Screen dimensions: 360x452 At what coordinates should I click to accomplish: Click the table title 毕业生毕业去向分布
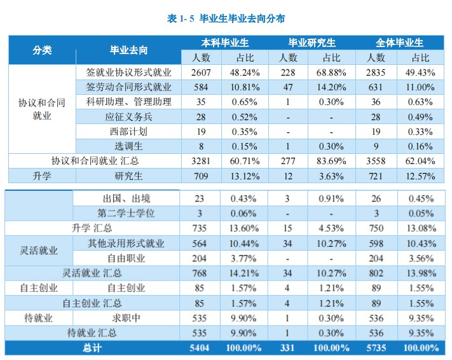[226, 18]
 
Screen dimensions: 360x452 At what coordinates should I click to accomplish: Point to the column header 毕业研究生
[311, 43]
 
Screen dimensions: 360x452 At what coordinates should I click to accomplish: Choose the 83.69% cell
[331, 161]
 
